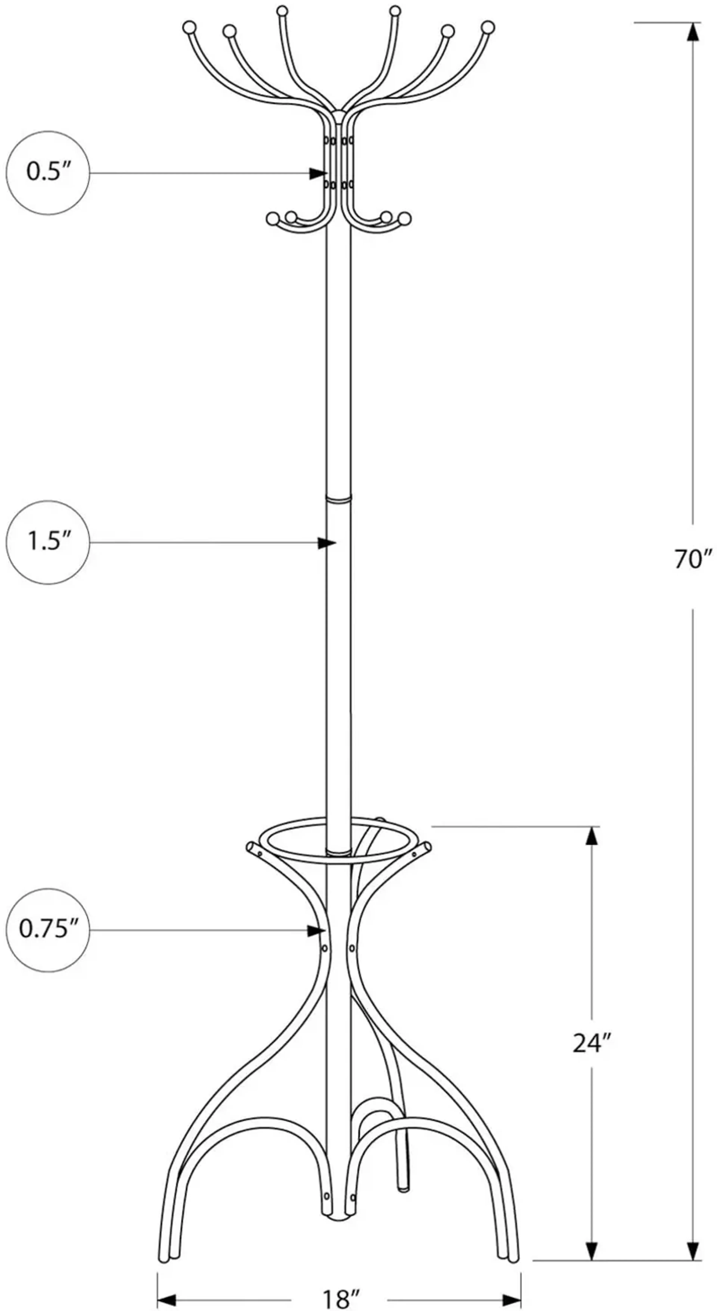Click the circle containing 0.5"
[x=48, y=173]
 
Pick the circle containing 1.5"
[x=48, y=542]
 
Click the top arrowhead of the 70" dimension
[x=692, y=32]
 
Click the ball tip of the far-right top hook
[x=488, y=26]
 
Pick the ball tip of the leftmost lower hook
[x=272, y=219]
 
